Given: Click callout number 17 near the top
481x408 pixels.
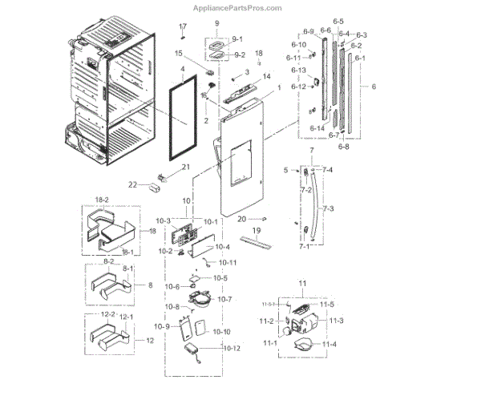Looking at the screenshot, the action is click(182, 26).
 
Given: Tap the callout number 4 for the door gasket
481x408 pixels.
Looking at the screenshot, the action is click(183, 71).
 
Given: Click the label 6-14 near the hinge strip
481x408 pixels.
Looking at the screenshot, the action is click(318, 128).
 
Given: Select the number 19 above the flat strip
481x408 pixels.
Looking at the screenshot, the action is click(257, 230).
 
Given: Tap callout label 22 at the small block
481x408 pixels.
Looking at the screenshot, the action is click(133, 184).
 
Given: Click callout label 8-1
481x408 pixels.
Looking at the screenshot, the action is click(127, 268).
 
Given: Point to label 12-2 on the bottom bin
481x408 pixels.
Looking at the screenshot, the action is click(106, 316).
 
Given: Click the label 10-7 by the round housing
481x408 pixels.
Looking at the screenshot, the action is click(224, 299).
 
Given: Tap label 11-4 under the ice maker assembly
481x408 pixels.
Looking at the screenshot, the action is click(329, 344).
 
